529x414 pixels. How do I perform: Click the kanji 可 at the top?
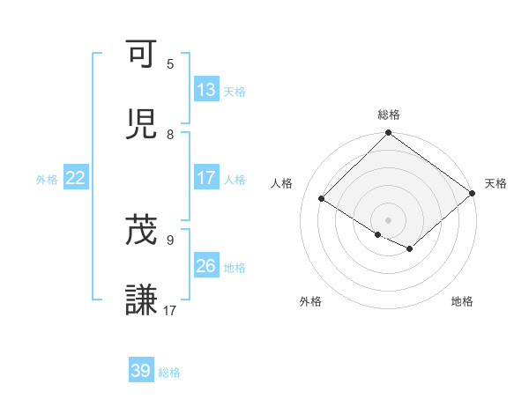[x=143, y=55]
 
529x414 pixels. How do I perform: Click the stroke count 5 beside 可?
[x=170, y=64]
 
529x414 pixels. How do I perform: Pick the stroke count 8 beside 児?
[x=170, y=134]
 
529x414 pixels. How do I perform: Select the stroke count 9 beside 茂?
[x=170, y=239]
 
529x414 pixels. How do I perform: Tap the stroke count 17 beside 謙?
[x=170, y=310]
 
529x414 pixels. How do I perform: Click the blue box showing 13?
[x=206, y=89]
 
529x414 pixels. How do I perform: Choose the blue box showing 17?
[x=206, y=178]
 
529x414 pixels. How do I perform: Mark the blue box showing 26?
[x=206, y=265]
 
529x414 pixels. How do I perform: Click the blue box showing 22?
[x=76, y=178]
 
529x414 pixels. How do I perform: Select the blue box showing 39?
[x=141, y=371]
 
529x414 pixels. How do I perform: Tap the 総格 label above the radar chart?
[x=389, y=115]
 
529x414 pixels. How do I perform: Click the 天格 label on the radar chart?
[x=495, y=183]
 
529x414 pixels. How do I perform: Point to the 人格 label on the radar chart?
[x=283, y=183]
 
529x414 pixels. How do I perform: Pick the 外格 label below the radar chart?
[x=310, y=301]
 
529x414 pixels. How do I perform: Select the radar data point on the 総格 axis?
[x=389, y=134]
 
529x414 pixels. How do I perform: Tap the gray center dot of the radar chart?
[x=389, y=219]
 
